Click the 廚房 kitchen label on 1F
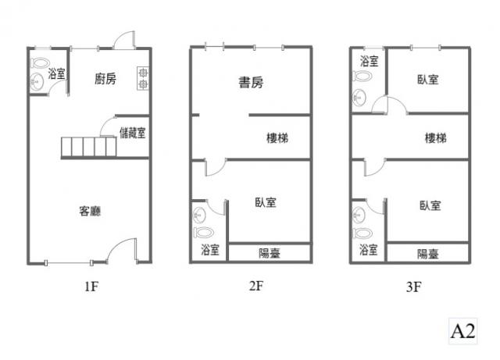[105, 78]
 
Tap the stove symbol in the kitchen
[143, 78]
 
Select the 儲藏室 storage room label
[133, 133]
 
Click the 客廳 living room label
[91, 211]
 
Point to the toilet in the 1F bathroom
[40, 62]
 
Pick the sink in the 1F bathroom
[37, 82]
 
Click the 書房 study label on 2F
[251, 82]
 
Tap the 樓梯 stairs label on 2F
[277, 138]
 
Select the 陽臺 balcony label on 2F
[270, 254]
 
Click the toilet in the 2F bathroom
[203, 232]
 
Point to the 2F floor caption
[256, 286]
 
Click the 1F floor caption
[91, 287]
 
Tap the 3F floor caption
[413, 287]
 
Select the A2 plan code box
[462, 331]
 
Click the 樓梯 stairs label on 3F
[436, 138]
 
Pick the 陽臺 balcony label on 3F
[428, 254]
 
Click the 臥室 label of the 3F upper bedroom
[428, 79]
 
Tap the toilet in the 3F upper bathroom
[362, 76]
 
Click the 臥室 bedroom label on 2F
[266, 202]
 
